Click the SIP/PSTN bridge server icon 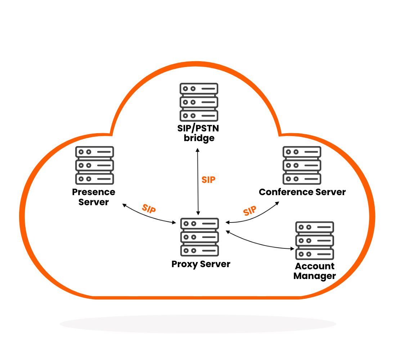tap(199, 102)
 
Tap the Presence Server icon tap(94, 165)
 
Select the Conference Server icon tap(302, 165)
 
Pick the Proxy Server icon tap(199, 237)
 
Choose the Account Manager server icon tap(315, 240)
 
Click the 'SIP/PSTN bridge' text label tap(199, 133)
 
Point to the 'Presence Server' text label tap(94, 197)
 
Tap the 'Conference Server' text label tap(302, 192)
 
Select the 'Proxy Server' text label tap(201, 264)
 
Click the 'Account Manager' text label tap(315, 271)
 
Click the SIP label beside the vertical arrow tap(208, 180)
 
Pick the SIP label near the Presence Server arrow tap(149, 209)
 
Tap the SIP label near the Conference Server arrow tap(250, 211)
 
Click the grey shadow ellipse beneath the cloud tap(198, 324)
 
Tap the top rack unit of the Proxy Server tap(199, 224)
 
